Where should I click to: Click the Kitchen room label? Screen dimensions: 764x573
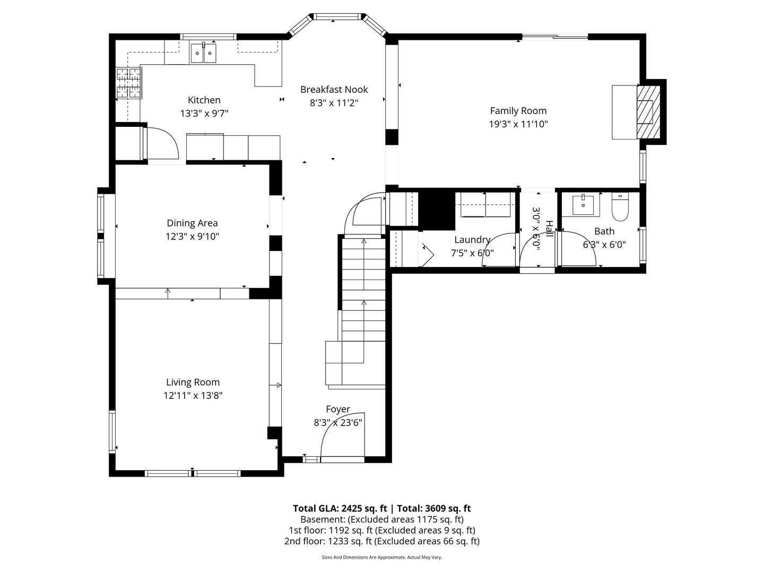tap(204, 100)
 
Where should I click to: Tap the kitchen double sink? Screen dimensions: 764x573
tap(203, 53)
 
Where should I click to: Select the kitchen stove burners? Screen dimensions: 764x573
tap(128, 83)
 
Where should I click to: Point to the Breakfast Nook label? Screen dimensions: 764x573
tap(334, 90)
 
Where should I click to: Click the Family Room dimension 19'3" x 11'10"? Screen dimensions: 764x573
tap(518, 124)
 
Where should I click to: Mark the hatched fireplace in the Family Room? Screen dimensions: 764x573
tap(648, 112)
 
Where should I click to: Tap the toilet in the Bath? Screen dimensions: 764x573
tap(620, 207)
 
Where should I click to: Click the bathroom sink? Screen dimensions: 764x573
tap(586, 205)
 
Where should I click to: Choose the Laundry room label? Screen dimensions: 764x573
tap(472, 240)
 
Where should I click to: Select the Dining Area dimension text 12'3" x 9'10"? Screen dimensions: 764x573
tap(192, 237)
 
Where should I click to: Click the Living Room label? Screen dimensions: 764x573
tap(193, 382)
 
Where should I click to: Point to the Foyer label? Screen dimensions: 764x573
tap(338, 409)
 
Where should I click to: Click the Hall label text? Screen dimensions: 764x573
tap(549, 229)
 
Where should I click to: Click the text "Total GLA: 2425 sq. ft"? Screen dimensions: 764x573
tap(340, 509)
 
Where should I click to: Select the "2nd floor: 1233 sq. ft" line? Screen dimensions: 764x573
tap(328, 541)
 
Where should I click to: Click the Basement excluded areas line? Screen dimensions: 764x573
tap(382, 519)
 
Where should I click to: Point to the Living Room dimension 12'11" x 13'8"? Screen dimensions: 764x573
tap(193, 396)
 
